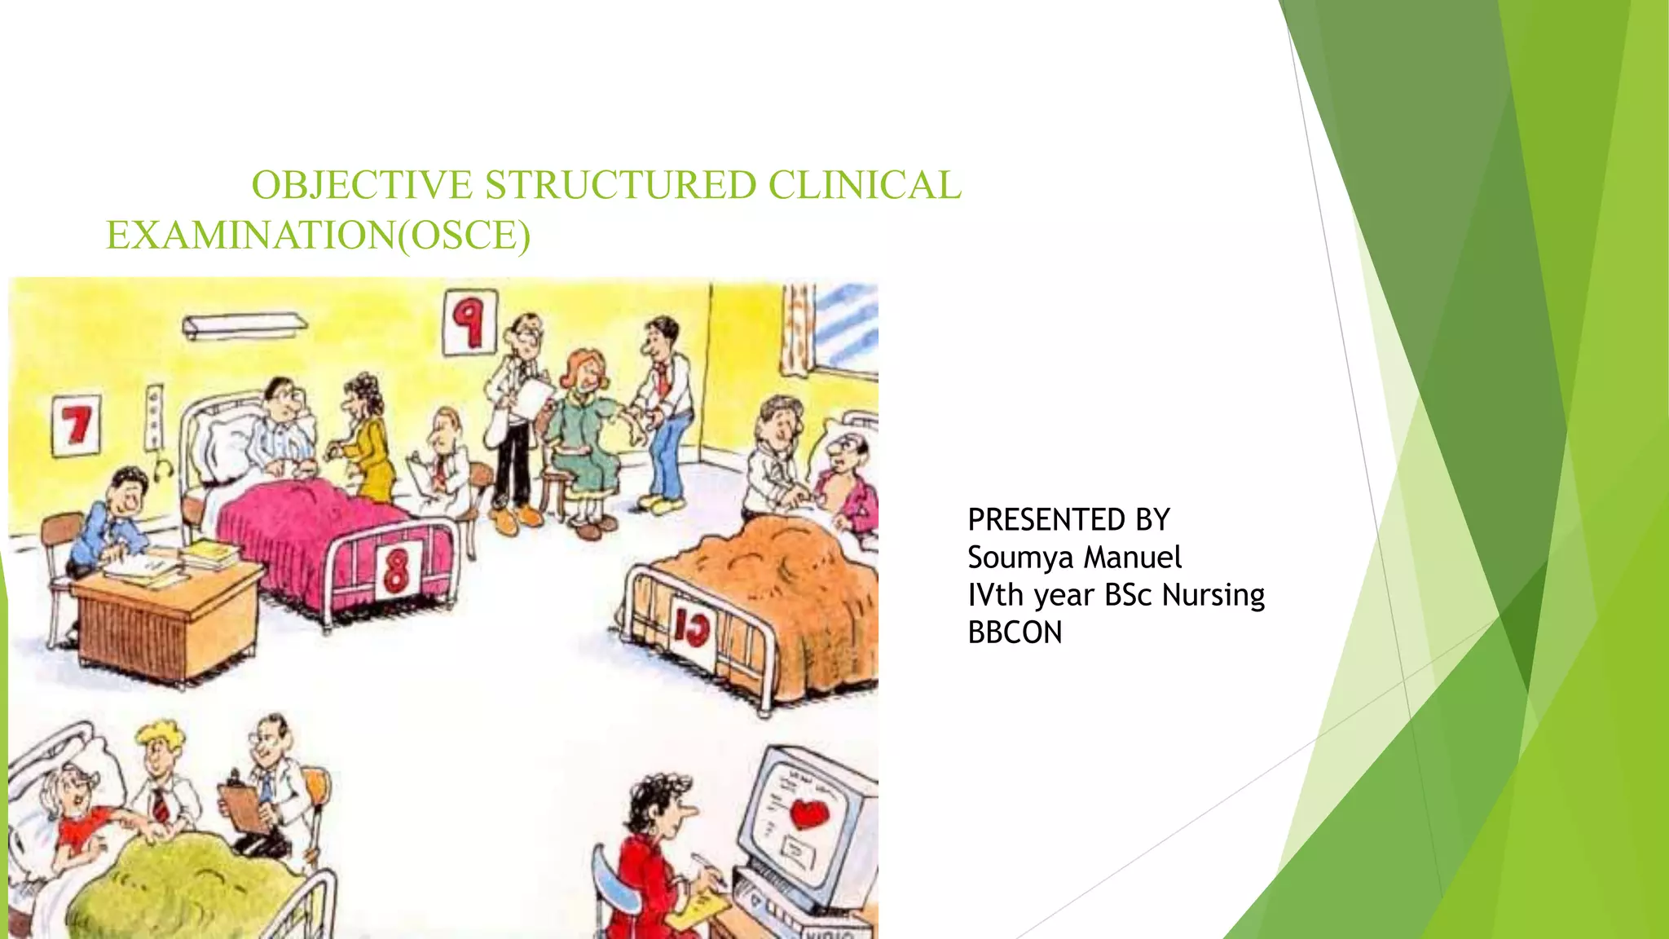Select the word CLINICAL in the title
coord(865,185)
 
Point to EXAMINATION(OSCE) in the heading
coord(318,236)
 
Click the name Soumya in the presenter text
coord(1019,558)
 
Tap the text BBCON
coord(1015,633)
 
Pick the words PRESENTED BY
coord(1068,520)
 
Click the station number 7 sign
coord(77,425)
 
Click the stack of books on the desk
coord(210,555)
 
